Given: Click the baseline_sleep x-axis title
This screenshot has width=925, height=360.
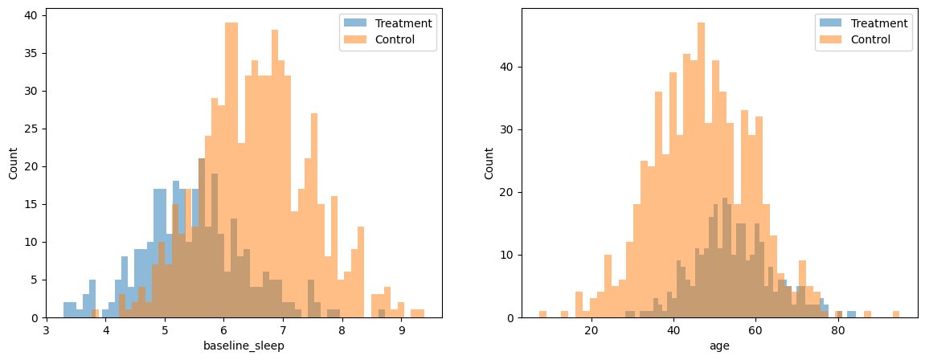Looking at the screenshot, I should (x=244, y=346).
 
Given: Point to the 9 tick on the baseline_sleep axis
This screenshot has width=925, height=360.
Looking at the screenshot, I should (x=401, y=329).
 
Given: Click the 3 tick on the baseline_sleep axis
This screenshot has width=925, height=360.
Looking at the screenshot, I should (x=47, y=329).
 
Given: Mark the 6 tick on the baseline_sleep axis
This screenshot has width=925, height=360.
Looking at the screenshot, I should (x=223, y=329).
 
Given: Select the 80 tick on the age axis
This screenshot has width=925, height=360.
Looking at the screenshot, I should (x=838, y=329).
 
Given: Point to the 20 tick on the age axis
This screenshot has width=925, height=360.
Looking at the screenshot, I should (x=591, y=329).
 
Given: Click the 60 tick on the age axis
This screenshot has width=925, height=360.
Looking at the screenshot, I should (x=755, y=329).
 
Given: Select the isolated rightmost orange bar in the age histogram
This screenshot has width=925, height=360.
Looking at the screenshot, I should (x=895, y=314).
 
